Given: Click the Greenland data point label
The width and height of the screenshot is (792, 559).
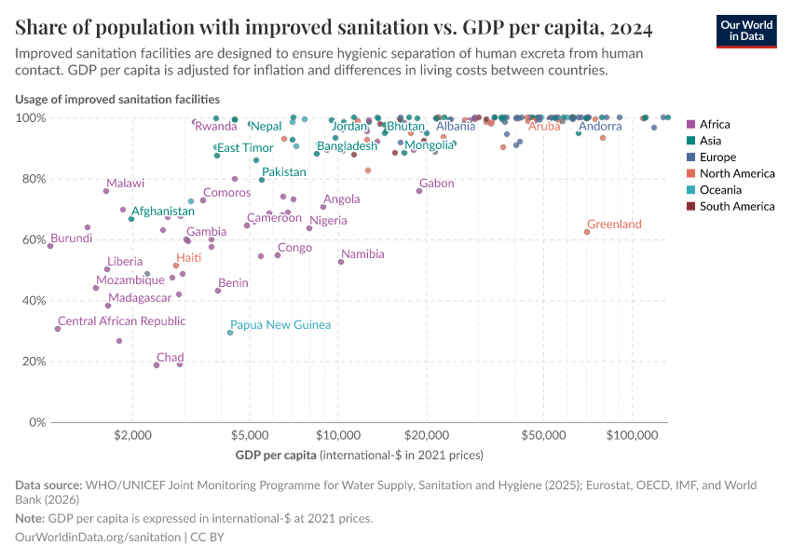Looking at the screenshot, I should (614, 225).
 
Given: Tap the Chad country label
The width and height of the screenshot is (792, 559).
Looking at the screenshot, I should (170, 358).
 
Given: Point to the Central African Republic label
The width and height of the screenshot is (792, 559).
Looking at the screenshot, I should (121, 321).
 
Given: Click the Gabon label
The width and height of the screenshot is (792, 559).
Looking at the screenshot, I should (436, 184).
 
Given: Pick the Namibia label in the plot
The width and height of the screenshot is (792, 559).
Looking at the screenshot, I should (362, 254).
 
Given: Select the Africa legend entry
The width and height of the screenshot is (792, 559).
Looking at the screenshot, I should (715, 124).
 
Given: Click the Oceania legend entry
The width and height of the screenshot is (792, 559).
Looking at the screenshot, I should (718, 190).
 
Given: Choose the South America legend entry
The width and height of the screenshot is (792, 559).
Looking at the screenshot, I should (736, 207).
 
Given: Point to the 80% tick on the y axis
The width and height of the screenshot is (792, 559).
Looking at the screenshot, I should (33, 180).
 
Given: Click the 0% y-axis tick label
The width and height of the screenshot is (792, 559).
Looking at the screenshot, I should (35, 423).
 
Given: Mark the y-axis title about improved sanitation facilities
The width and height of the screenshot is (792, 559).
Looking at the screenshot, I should (117, 99).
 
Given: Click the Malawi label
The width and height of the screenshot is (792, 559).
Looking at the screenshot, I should (125, 184).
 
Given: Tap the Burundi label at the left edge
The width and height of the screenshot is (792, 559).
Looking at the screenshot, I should (71, 239).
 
